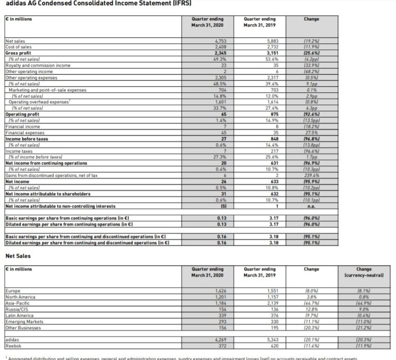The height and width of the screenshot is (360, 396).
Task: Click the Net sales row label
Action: [x=14, y=40]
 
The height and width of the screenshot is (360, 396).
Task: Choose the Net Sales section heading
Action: [x=18, y=255]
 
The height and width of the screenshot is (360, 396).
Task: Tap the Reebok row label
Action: [x=13, y=345]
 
